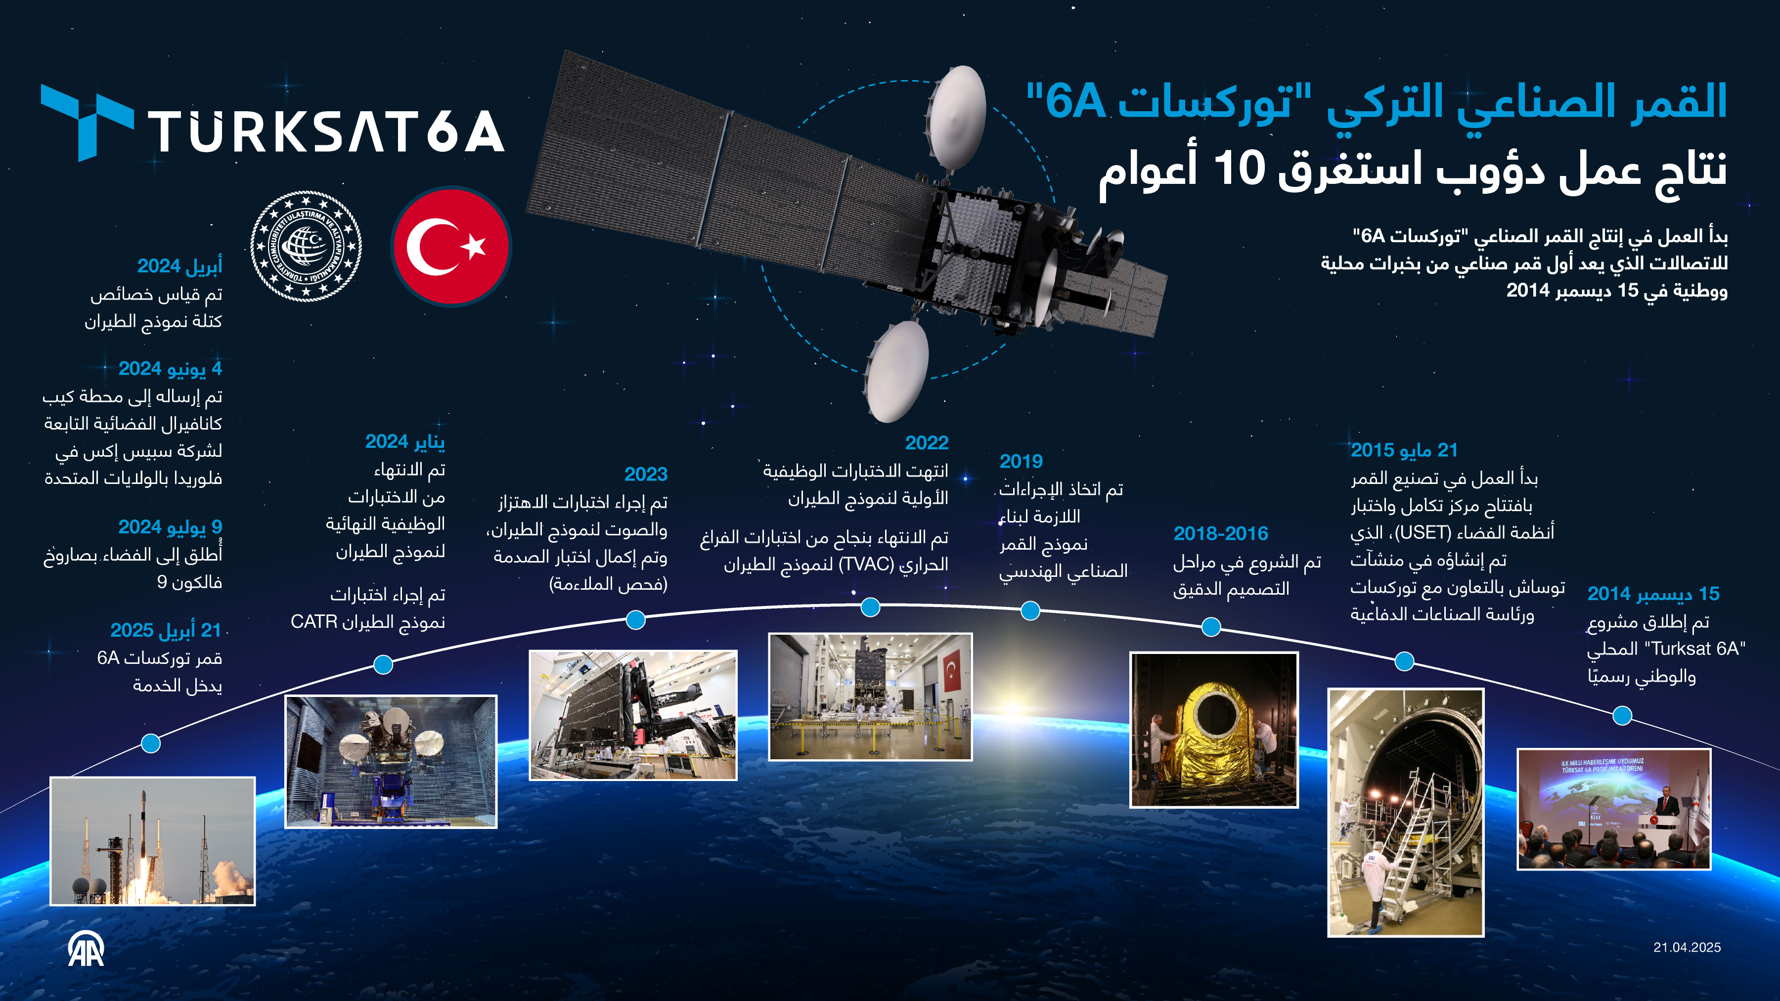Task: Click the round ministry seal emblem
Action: click(306, 246)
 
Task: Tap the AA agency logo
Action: click(87, 949)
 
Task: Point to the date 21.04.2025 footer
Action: click(1687, 948)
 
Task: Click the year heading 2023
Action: click(646, 474)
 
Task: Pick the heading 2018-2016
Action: click(1221, 533)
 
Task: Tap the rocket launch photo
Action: click(153, 841)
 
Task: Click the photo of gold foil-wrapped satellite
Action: click(1214, 730)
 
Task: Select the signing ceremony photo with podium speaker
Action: click(1614, 809)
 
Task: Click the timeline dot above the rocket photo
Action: click(151, 743)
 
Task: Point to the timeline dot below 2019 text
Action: click(1030, 610)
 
